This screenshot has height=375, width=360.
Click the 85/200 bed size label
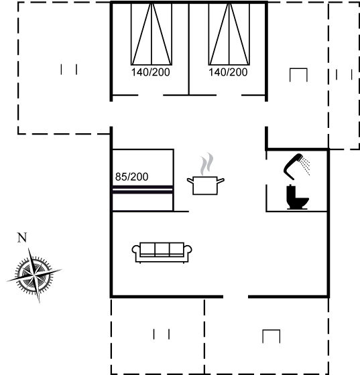[131, 177]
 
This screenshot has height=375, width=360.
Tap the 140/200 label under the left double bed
[151, 72]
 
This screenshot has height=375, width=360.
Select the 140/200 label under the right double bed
[228, 72]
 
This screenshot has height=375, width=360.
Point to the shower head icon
[293, 167]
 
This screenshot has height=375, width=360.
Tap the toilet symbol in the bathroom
[297, 197]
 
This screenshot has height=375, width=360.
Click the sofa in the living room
[162, 253]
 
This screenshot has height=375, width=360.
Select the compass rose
[34, 275]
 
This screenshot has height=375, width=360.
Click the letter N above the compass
[22, 238]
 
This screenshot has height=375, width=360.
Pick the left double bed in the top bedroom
[152, 34]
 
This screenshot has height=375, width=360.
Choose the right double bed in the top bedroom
[229, 34]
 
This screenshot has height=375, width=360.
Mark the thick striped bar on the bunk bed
[143, 190]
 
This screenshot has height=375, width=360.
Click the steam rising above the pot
[206, 164]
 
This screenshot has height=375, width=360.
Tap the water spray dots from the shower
[306, 165]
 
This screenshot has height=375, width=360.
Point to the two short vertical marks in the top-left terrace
[68, 70]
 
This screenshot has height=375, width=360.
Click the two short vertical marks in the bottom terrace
[162, 334]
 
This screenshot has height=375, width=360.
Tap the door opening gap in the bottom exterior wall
[235, 297]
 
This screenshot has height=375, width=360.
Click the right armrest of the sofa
[188, 249]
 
